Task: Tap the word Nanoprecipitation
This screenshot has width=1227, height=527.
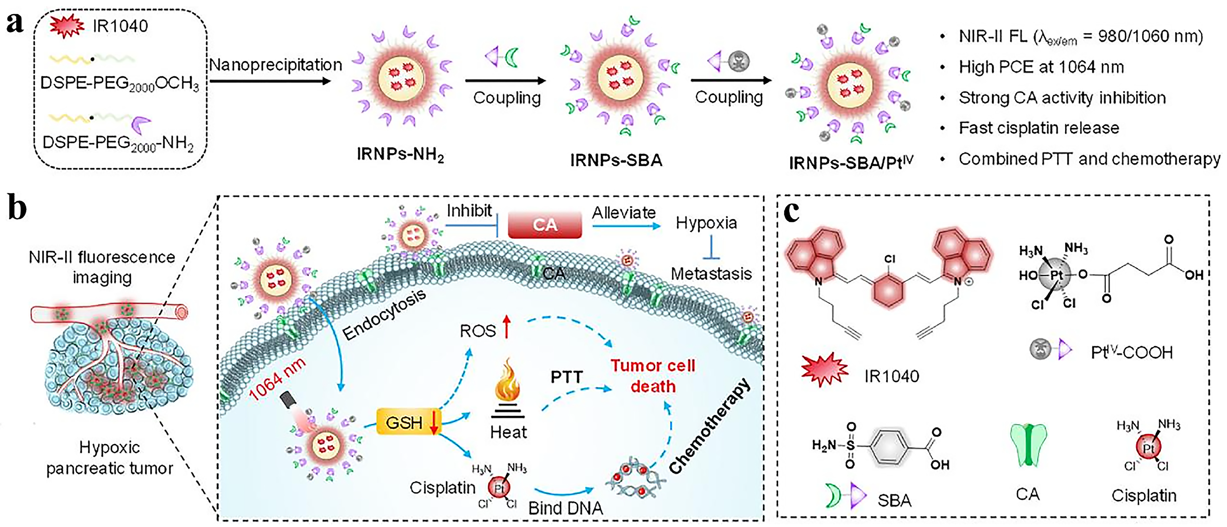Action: point(275,65)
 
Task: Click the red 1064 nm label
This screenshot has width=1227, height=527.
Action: point(277,379)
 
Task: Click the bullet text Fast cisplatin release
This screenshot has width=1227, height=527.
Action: point(1038,128)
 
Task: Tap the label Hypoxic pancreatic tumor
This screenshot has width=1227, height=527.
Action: point(109,458)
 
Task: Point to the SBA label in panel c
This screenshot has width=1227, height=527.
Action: point(894,500)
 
